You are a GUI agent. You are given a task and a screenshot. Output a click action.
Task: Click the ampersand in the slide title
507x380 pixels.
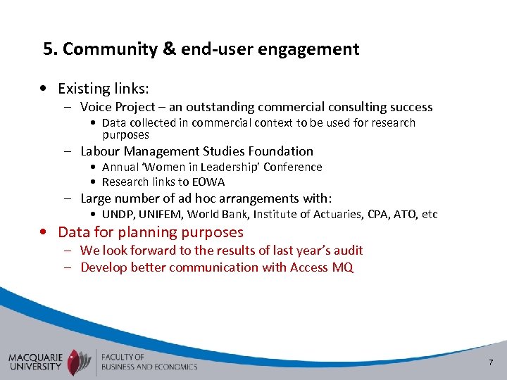170,49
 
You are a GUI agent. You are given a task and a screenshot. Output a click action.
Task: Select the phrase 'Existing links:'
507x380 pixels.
103,89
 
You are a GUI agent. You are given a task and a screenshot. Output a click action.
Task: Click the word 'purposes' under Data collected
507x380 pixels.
125,134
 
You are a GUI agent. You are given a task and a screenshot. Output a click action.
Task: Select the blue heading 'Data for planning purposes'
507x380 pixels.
151,232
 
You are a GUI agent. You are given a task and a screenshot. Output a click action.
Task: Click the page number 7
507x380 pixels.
491,362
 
